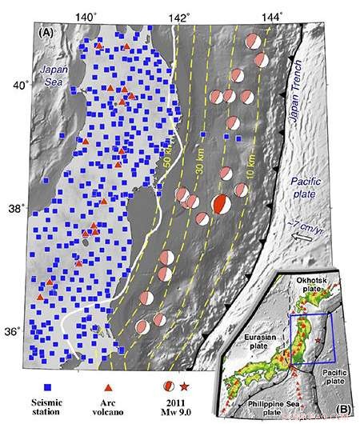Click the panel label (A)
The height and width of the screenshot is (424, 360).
coord(45,33)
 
